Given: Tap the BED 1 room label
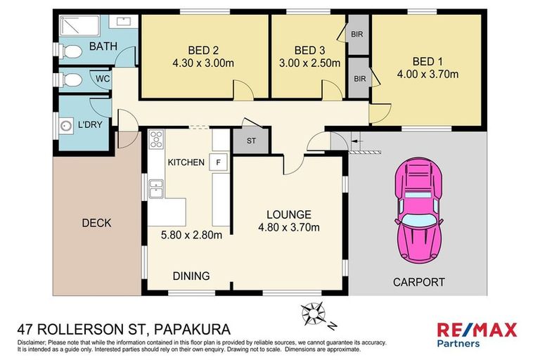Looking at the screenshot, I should coord(428,61).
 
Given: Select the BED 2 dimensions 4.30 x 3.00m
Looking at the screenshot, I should coord(203,62).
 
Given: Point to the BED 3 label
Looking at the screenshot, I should coord(309,50).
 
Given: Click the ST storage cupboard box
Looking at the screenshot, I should coord(251,141).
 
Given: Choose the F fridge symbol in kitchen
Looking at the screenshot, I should coord(219,162).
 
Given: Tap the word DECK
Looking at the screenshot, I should coord(96,223).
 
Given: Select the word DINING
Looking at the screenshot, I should coord(192,276).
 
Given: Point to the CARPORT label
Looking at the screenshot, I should coord(418,282).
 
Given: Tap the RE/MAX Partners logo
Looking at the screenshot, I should coord(477,334).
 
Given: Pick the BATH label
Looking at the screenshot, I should coord(103,47).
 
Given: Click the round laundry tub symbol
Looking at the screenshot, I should coord(65,127).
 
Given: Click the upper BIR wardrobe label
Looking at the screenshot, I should coord(356,33).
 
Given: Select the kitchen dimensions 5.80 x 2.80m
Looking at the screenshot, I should coord(192,236).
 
